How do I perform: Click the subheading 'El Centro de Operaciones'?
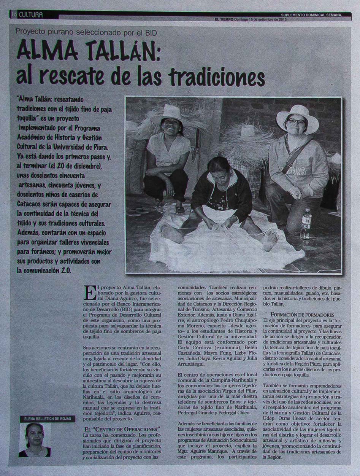coord(122,429)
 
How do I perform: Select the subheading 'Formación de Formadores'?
coord(302,315)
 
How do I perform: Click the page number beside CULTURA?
coord(13,15)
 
